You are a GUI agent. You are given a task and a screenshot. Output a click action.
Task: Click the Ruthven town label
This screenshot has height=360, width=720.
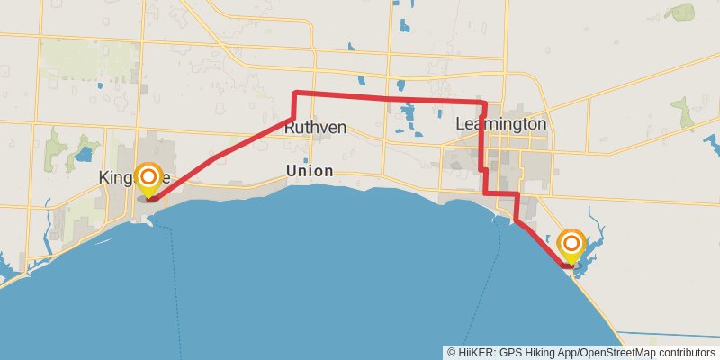315,128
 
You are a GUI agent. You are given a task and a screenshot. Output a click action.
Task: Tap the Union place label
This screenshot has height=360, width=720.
309,171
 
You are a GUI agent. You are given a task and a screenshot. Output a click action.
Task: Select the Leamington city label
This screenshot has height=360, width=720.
501,123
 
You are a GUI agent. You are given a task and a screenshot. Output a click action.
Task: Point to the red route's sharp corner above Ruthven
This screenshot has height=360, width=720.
296,93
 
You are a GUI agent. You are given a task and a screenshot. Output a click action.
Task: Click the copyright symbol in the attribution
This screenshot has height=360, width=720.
450,353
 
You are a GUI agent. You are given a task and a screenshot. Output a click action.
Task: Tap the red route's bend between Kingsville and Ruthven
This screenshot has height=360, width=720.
213,158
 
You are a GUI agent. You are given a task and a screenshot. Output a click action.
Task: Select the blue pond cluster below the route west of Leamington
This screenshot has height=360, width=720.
406,115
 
